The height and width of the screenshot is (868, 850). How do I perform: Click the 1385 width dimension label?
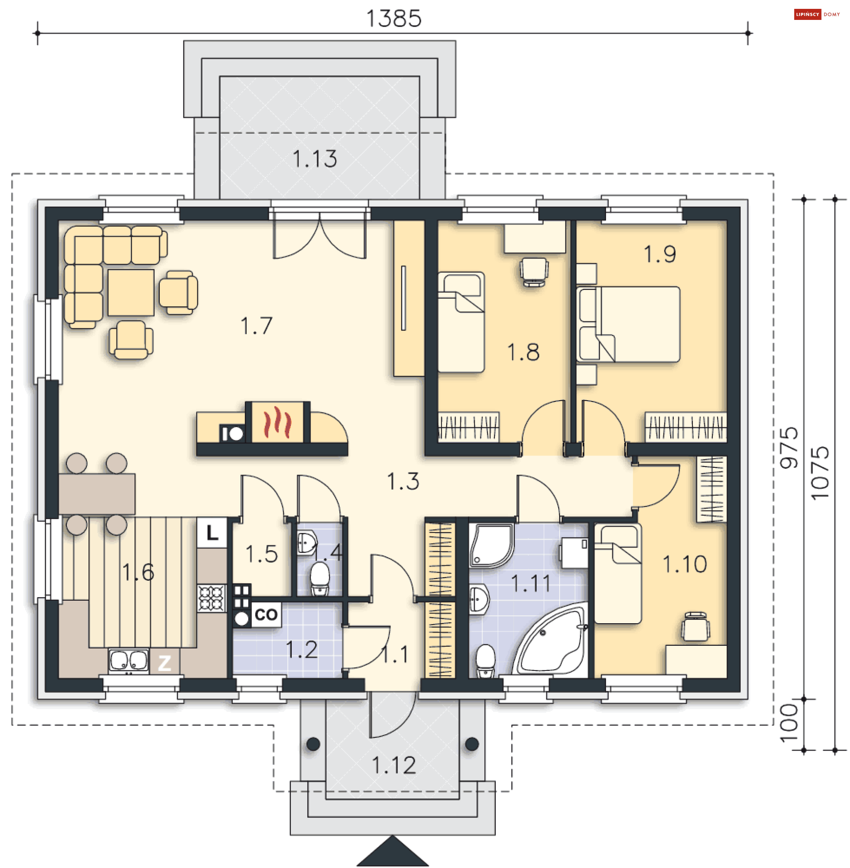[x=394, y=18]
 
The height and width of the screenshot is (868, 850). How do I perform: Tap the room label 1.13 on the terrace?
[x=315, y=159]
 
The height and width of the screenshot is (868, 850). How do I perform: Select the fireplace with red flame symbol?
[x=277, y=422]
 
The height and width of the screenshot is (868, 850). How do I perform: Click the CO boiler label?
[x=266, y=614]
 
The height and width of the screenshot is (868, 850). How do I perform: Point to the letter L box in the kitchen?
[x=212, y=533]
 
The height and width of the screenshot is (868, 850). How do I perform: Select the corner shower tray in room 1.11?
[x=490, y=545]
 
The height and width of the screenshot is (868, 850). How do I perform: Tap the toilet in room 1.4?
[x=320, y=579]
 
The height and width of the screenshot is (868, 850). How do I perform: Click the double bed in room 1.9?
[x=629, y=324]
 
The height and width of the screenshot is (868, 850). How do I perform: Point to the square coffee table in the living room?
[x=131, y=292]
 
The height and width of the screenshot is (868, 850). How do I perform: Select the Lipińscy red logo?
[x=807, y=14]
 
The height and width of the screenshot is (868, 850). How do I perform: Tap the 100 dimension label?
[x=789, y=723]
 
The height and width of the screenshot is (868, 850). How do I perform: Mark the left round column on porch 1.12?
[x=313, y=744]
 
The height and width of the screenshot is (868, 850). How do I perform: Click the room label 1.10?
[x=684, y=564]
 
